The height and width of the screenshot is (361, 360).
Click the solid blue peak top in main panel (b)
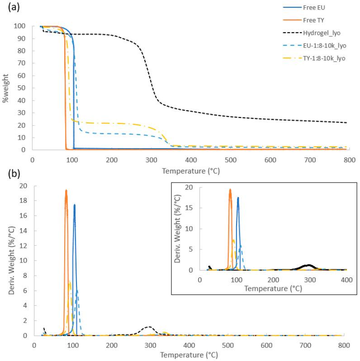pyautogui.click(x=74, y=205)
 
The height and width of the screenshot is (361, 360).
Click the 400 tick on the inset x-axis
pyautogui.click(x=346, y=280)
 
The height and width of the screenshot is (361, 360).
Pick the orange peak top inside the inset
pyautogui.click(x=230, y=189)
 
